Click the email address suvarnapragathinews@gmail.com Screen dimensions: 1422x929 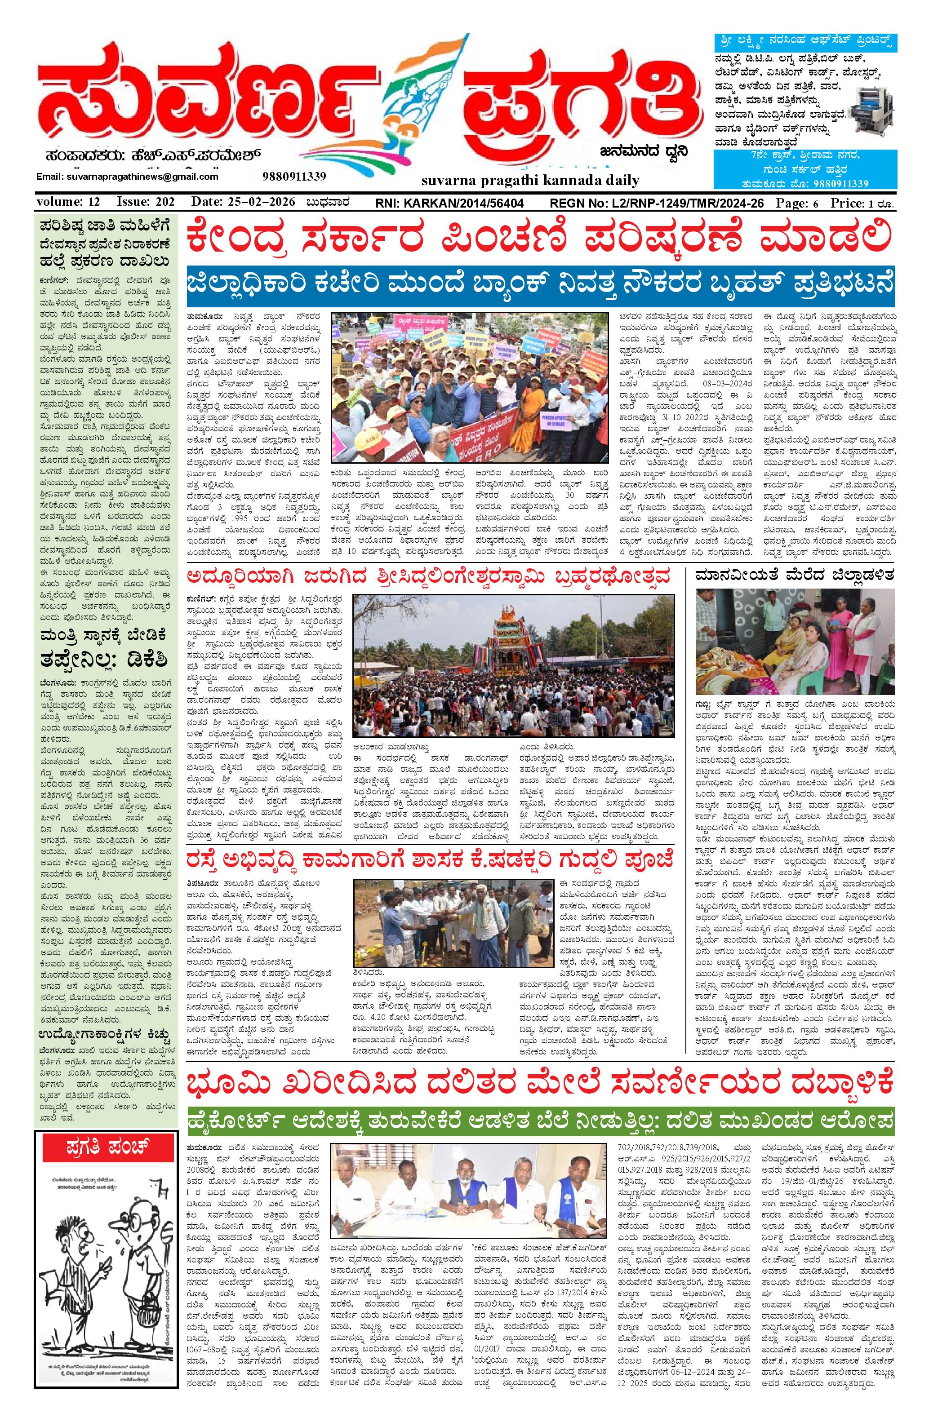(127, 177)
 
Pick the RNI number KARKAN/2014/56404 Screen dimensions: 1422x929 (449, 203)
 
